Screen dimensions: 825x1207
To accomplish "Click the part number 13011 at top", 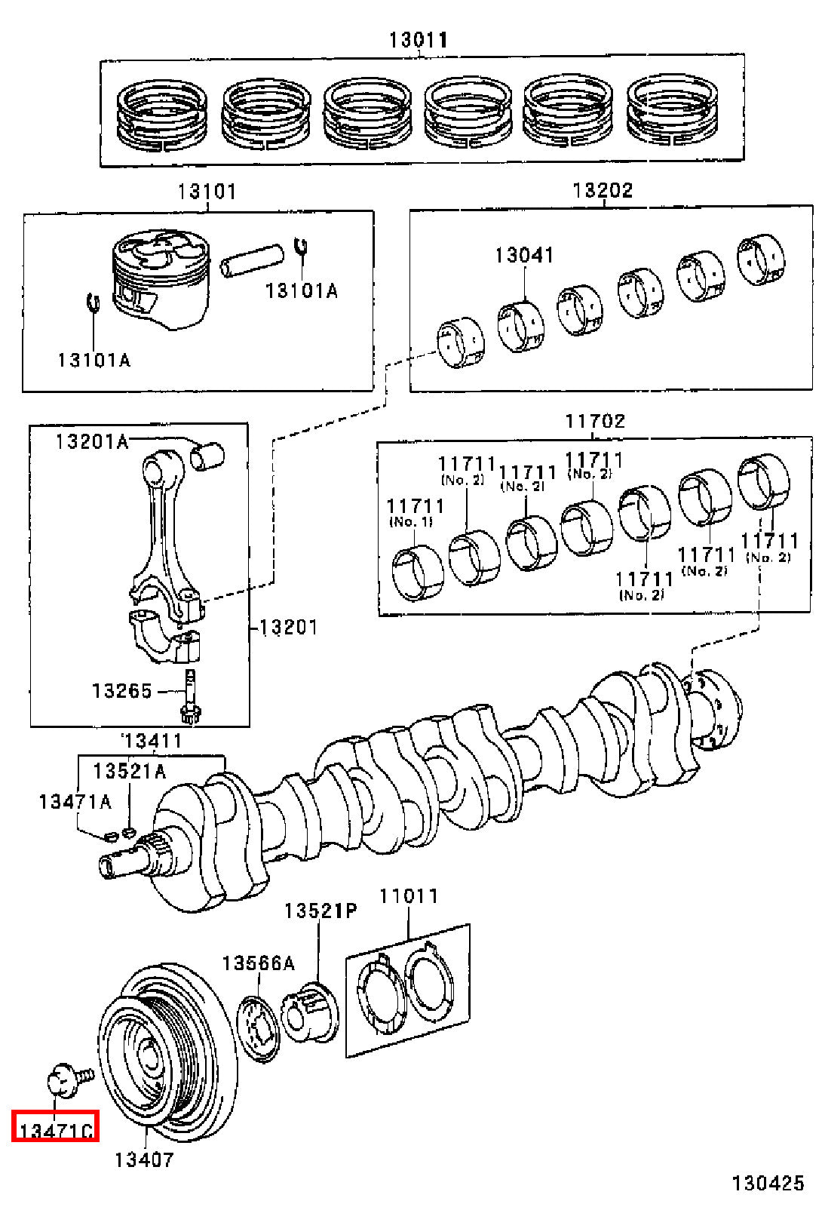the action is pyautogui.click(x=419, y=40).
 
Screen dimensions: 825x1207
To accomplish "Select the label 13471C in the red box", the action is pyautogui.click(x=56, y=1131).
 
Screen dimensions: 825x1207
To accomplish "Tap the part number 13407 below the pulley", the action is pyautogui.click(x=144, y=1159).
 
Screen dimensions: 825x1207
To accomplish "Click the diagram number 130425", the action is pyautogui.click(x=768, y=1184).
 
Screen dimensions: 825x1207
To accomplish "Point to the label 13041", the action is pyautogui.click(x=524, y=255).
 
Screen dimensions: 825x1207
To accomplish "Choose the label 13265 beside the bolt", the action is pyautogui.click(x=122, y=691).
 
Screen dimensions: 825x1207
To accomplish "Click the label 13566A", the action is pyautogui.click(x=259, y=963).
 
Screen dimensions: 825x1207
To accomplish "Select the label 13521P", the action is pyautogui.click(x=320, y=911).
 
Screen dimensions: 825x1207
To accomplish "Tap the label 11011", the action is pyautogui.click(x=409, y=896).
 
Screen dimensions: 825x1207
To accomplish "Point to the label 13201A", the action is pyautogui.click(x=92, y=442).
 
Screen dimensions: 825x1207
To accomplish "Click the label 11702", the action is pyautogui.click(x=594, y=421).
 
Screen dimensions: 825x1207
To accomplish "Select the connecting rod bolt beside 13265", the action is pyautogui.click(x=190, y=696).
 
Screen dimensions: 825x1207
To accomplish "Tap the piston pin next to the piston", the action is pyautogui.click(x=252, y=260).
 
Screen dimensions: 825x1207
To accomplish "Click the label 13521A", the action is pyautogui.click(x=129, y=772).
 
